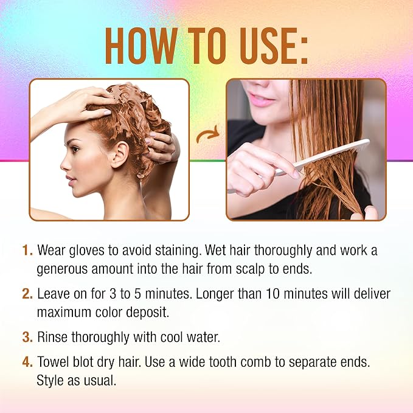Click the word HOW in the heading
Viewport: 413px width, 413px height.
click(142, 46)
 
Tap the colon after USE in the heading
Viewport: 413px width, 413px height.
click(305, 50)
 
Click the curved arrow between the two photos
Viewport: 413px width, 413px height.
click(208, 134)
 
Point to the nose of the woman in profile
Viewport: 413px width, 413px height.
click(64, 165)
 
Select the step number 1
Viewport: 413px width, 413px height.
click(27, 250)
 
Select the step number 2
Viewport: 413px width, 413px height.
click(27, 294)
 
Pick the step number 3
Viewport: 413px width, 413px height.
click(27, 337)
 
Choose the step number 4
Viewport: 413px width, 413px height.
click(27, 362)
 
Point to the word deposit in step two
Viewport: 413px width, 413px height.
click(147, 313)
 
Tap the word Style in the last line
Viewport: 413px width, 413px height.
click(50, 381)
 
